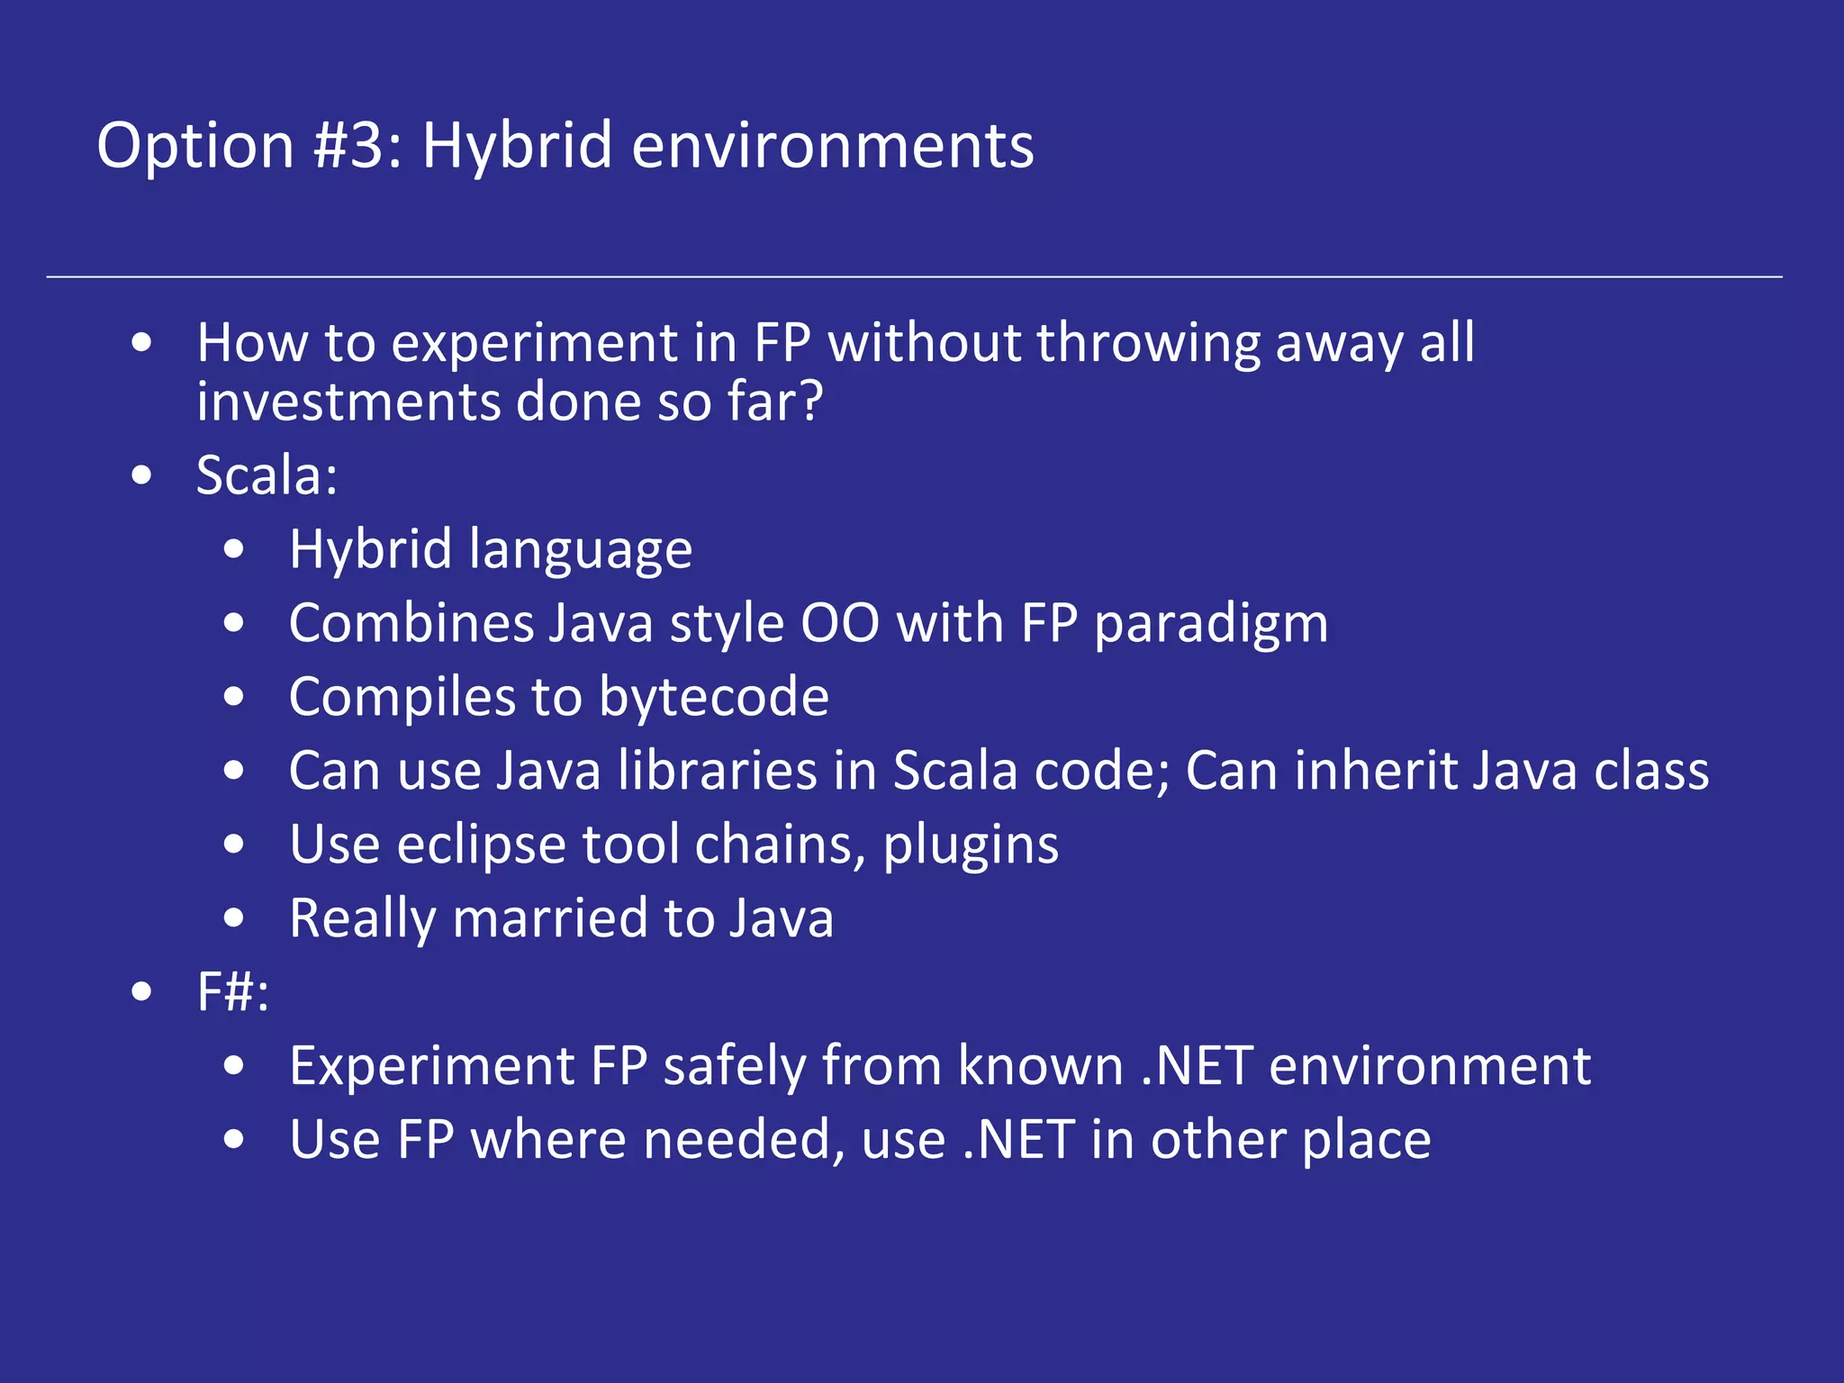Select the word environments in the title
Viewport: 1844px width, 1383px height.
tap(833, 145)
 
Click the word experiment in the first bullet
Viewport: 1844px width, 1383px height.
tap(534, 343)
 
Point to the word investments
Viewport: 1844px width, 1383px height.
tap(348, 402)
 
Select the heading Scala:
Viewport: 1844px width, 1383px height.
tap(267, 475)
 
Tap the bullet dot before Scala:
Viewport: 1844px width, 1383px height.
tap(141, 475)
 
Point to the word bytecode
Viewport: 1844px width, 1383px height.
tap(714, 697)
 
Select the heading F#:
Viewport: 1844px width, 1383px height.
tap(232, 992)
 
